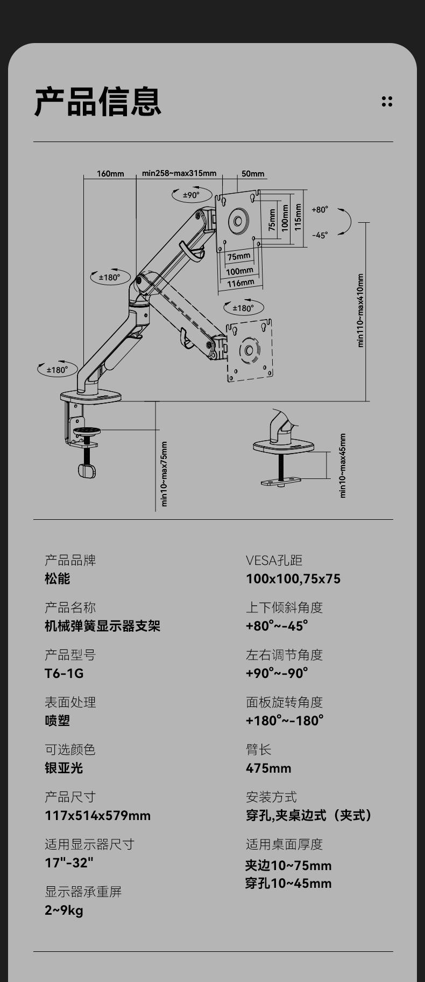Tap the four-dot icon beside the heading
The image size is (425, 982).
387,101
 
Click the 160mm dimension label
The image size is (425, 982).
110,173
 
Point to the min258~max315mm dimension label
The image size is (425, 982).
179,173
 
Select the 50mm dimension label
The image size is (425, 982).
253,173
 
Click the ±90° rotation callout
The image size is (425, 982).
192,195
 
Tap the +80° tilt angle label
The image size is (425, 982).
320,210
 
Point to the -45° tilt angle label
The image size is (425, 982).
320,235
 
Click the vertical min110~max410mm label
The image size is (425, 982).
360,311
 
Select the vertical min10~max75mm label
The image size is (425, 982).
165,474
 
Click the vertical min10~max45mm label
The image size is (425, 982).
343,466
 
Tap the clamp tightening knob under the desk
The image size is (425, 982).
87,471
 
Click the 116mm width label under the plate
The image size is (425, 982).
240,282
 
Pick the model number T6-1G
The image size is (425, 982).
64,673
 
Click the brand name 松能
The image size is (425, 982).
58,578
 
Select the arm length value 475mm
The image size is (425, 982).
268,768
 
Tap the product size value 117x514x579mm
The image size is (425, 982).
97,815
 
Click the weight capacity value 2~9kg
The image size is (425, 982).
64,910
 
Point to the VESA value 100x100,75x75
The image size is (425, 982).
293,578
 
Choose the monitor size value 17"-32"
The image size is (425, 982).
69,863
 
